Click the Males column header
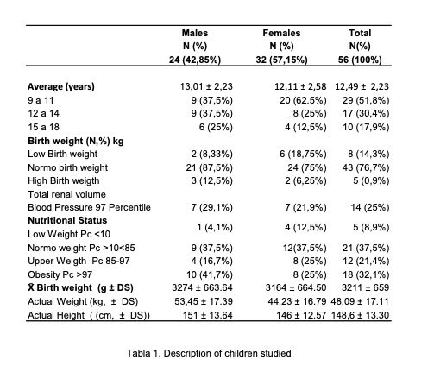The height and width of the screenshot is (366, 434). point(195,33)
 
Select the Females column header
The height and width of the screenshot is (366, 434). point(281,33)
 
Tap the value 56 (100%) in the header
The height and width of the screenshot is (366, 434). point(360,60)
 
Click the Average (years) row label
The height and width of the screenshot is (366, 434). point(61,86)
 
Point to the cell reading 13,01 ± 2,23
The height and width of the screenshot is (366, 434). point(206,86)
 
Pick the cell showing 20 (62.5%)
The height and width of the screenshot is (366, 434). point(303,100)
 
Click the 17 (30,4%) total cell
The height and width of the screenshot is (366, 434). point(366,113)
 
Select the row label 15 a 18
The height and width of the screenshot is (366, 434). point(43,127)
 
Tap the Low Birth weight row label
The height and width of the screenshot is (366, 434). point(63,154)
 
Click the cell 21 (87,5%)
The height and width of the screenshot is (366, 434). point(209,167)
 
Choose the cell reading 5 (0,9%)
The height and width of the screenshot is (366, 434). point(371,180)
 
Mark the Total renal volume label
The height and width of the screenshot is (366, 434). point(66,194)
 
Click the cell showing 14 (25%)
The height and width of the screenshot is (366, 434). point(370,207)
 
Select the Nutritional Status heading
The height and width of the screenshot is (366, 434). point(67,220)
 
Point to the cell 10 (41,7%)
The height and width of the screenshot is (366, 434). point(210,274)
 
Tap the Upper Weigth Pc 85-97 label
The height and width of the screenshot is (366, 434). point(79,261)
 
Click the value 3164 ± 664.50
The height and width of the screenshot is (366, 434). point(296,287)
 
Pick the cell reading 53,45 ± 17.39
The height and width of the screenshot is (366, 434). point(204,301)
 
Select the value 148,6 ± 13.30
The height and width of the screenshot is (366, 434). point(360,315)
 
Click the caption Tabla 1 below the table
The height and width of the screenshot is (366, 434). point(209,353)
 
